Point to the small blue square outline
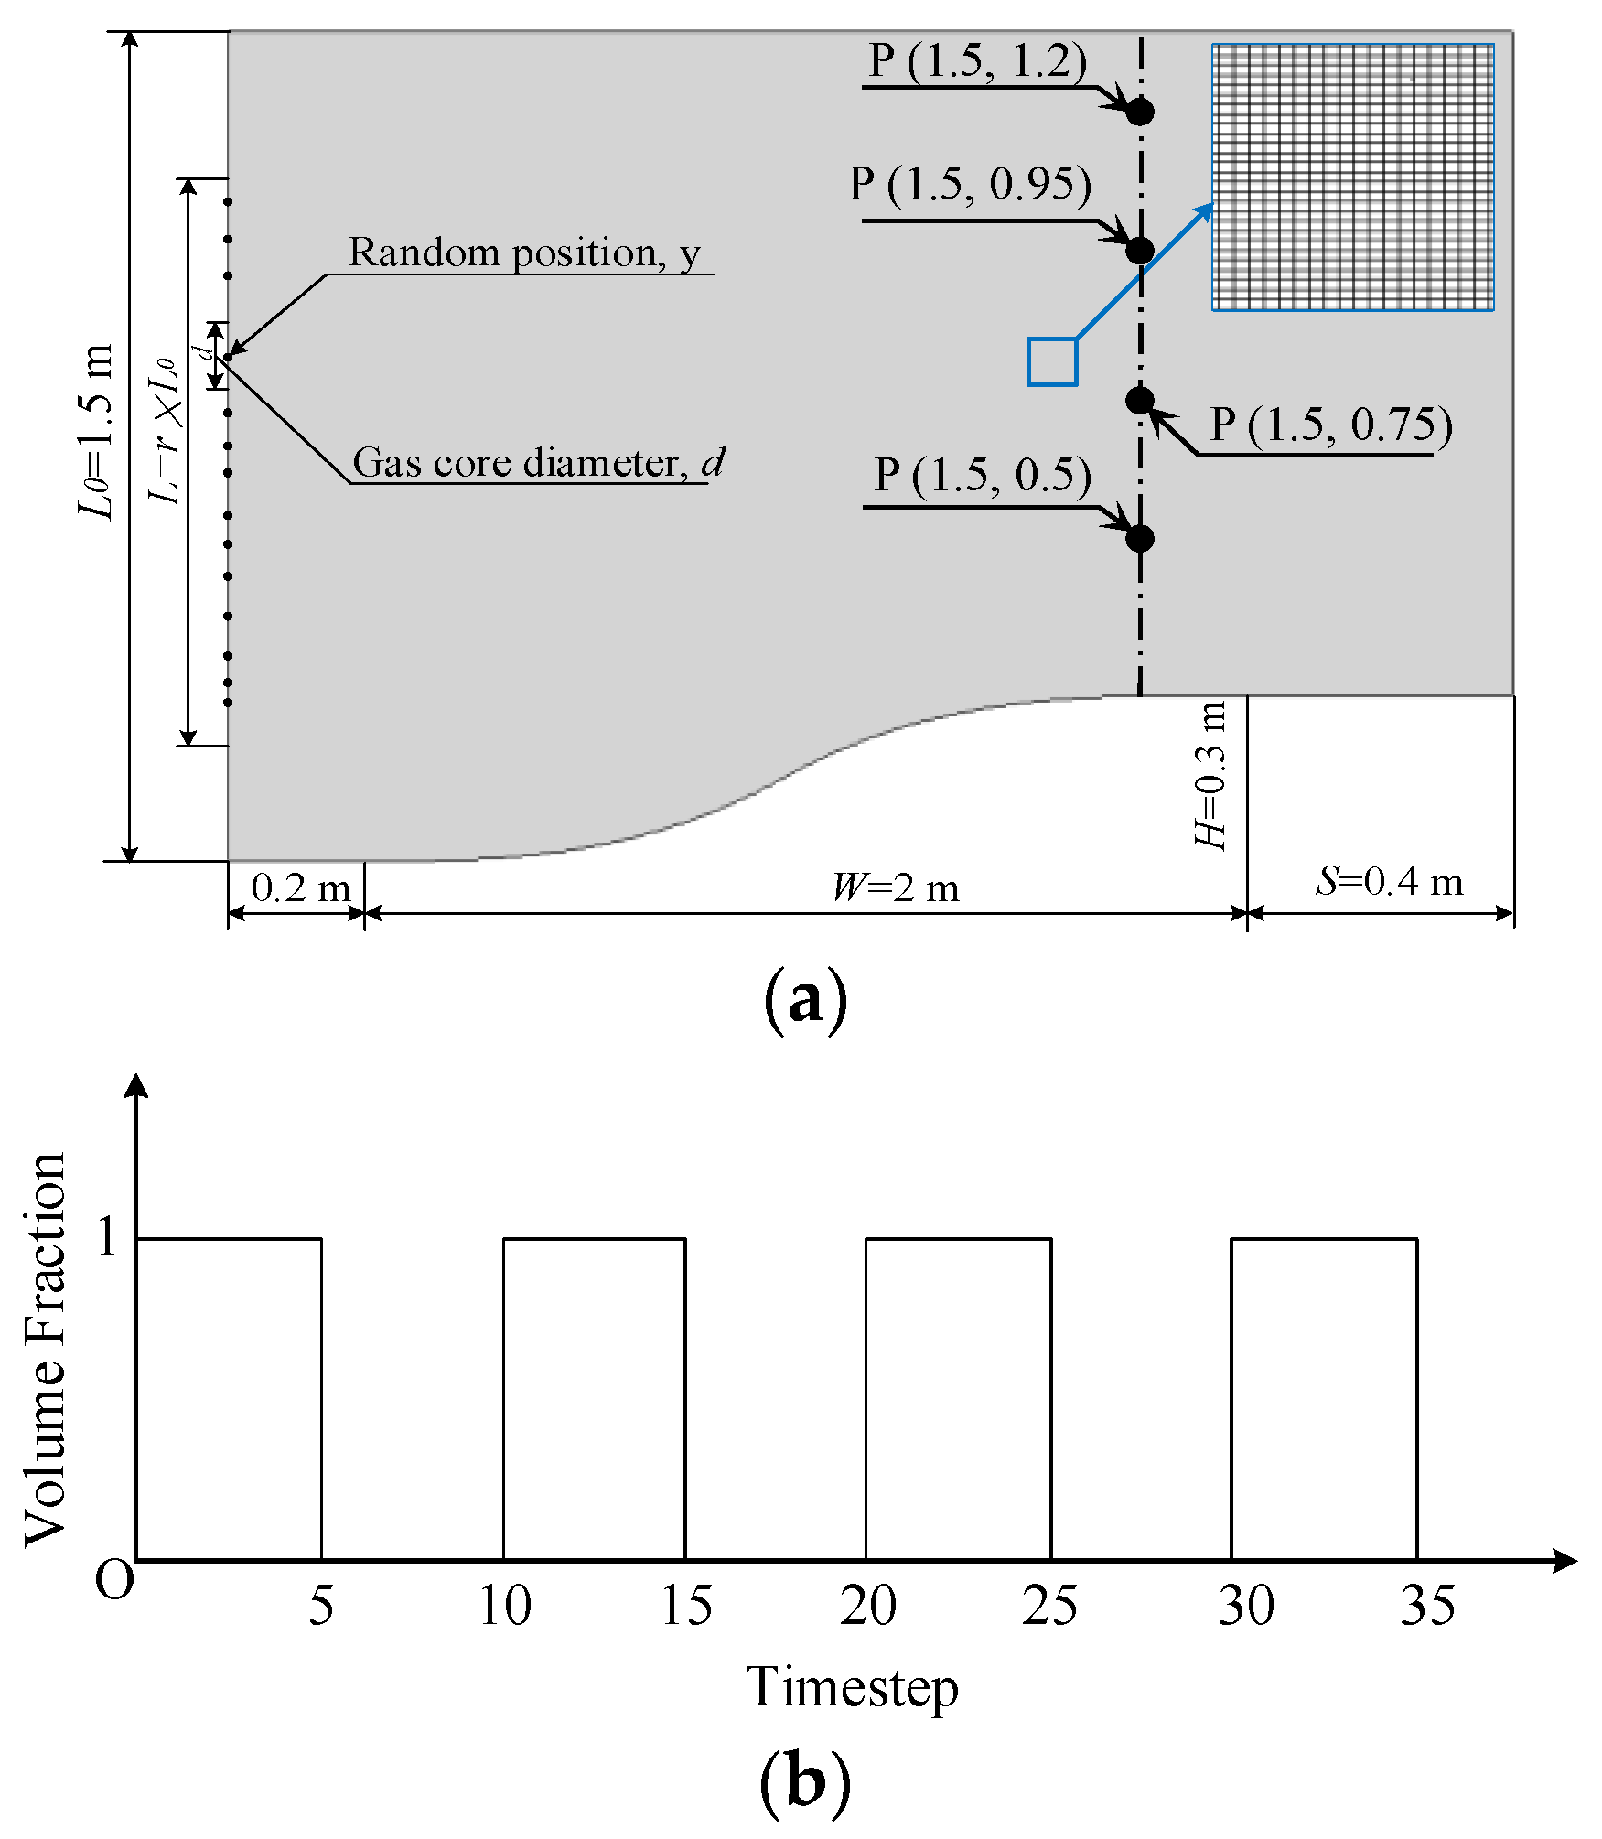tap(1052, 361)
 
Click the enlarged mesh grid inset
tap(1352, 177)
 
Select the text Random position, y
tap(523, 253)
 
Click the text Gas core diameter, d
tap(538, 463)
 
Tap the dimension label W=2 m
tap(895, 887)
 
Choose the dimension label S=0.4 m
tap(1389, 882)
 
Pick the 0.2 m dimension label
tap(300, 887)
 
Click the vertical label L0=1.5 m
tap(96, 430)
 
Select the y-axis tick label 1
tap(107, 1237)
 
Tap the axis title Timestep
tap(852, 1686)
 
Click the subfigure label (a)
tap(804, 1000)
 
